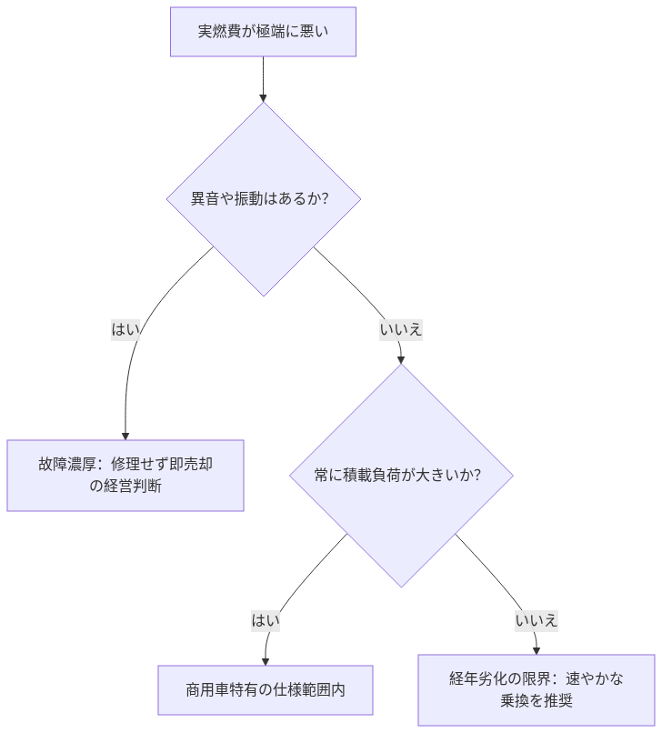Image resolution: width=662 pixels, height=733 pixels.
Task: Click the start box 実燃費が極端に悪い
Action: [x=263, y=32]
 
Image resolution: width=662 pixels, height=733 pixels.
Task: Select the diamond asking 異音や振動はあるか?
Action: [x=263, y=198]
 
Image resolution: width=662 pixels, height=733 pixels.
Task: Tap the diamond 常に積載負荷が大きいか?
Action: [x=401, y=475]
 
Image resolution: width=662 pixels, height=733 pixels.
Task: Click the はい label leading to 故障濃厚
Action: [x=125, y=329]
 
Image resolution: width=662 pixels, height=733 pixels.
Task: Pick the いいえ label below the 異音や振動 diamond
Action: [x=401, y=329]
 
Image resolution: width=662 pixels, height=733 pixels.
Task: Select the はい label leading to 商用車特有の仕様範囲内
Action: [x=266, y=621]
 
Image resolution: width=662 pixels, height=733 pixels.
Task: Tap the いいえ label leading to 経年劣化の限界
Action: [x=536, y=621]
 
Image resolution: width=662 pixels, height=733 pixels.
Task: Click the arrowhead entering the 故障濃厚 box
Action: [x=125, y=435]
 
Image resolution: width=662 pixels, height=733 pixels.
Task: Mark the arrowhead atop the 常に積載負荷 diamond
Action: [x=401, y=359]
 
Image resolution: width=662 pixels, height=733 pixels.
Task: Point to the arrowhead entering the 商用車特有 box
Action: [x=266, y=660]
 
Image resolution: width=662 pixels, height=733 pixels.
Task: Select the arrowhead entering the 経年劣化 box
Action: [x=536, y=649]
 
